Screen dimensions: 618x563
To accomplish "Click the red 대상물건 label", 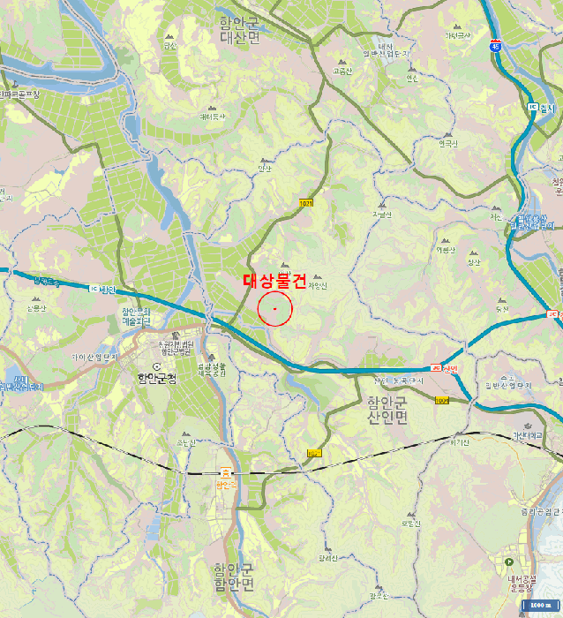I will [x=274, y=282].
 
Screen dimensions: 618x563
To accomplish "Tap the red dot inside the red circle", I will [x=275, y=309].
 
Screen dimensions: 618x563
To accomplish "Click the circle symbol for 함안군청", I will [x=157, y=366].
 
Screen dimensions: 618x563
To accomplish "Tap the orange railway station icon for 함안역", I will [x=227, y=473].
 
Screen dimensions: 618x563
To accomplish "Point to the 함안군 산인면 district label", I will [x=387, y=410].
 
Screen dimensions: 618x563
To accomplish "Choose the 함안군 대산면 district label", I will [x=239, y=31].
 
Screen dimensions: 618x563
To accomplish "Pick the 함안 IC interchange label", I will [x=101, y=289].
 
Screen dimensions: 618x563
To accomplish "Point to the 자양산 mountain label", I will [x=318, y=285].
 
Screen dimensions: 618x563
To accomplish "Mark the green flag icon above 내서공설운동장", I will [x=509, y=561].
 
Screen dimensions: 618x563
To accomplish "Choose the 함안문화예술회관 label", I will [x=136, y=317].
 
